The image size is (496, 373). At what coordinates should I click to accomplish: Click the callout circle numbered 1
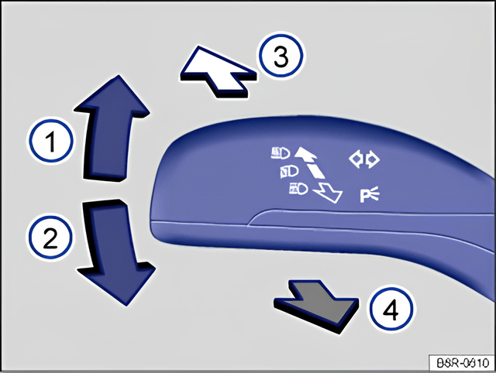coord(50,141)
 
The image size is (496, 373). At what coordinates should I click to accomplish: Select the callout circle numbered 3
coord(281,56)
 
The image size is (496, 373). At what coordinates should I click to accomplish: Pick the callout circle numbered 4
coord(391,308)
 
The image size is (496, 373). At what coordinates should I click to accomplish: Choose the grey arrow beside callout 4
coord(316,306)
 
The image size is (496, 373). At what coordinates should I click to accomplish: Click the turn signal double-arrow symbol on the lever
coord(364,159)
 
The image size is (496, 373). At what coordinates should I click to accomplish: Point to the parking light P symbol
coord(369,194)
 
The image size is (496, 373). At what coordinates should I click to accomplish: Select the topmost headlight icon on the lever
coord(281,153)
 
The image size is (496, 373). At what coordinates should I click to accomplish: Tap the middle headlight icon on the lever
coord(289,172)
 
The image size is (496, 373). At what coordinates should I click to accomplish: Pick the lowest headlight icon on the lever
coord(298,190)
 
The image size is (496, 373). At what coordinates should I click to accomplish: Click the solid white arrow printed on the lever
coord(306,153)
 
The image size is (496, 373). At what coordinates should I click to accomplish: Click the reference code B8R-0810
coord(463,363)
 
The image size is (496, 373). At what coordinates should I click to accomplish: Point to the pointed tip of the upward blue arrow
coord(119,75)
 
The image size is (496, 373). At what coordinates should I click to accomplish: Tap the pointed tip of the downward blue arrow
coord(126,306)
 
